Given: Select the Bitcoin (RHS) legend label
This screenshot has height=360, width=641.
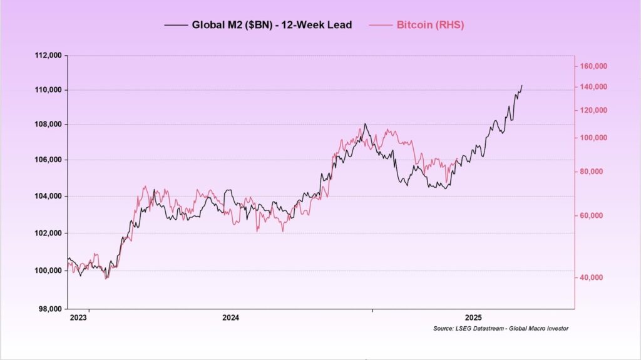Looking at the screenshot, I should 430,25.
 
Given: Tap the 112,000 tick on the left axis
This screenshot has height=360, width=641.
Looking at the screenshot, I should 48,55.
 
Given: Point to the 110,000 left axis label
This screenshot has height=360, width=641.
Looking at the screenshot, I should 48,90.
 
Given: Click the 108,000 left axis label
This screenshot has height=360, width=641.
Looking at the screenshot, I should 48,124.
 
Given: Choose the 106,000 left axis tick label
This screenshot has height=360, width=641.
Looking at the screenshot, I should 48,160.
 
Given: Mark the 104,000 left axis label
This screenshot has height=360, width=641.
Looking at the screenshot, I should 48,196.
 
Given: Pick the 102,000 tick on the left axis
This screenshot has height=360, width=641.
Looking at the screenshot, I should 48,233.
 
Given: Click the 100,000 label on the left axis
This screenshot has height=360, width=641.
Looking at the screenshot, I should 48,270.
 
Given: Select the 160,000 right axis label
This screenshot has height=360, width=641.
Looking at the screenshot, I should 595,66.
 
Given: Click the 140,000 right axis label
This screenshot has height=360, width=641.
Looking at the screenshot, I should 595,87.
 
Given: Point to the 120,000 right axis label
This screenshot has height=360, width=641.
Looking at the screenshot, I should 595,110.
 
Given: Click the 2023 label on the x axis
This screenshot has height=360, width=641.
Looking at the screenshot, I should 78,317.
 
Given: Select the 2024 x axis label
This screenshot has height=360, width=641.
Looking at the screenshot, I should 232,317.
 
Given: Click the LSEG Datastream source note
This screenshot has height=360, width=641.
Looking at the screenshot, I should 500,329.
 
